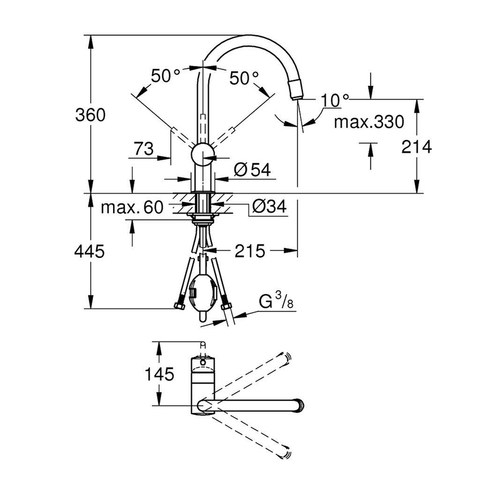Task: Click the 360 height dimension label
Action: pos(90,115)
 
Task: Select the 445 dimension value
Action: pos(90,252)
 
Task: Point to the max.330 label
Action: pos(369,122)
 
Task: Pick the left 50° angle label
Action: pos(166,75)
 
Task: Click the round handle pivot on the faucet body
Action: pos(202,155)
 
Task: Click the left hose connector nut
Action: pos(179,305)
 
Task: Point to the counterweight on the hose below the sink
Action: pos(202,290)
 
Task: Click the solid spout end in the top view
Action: pos(302,405)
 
